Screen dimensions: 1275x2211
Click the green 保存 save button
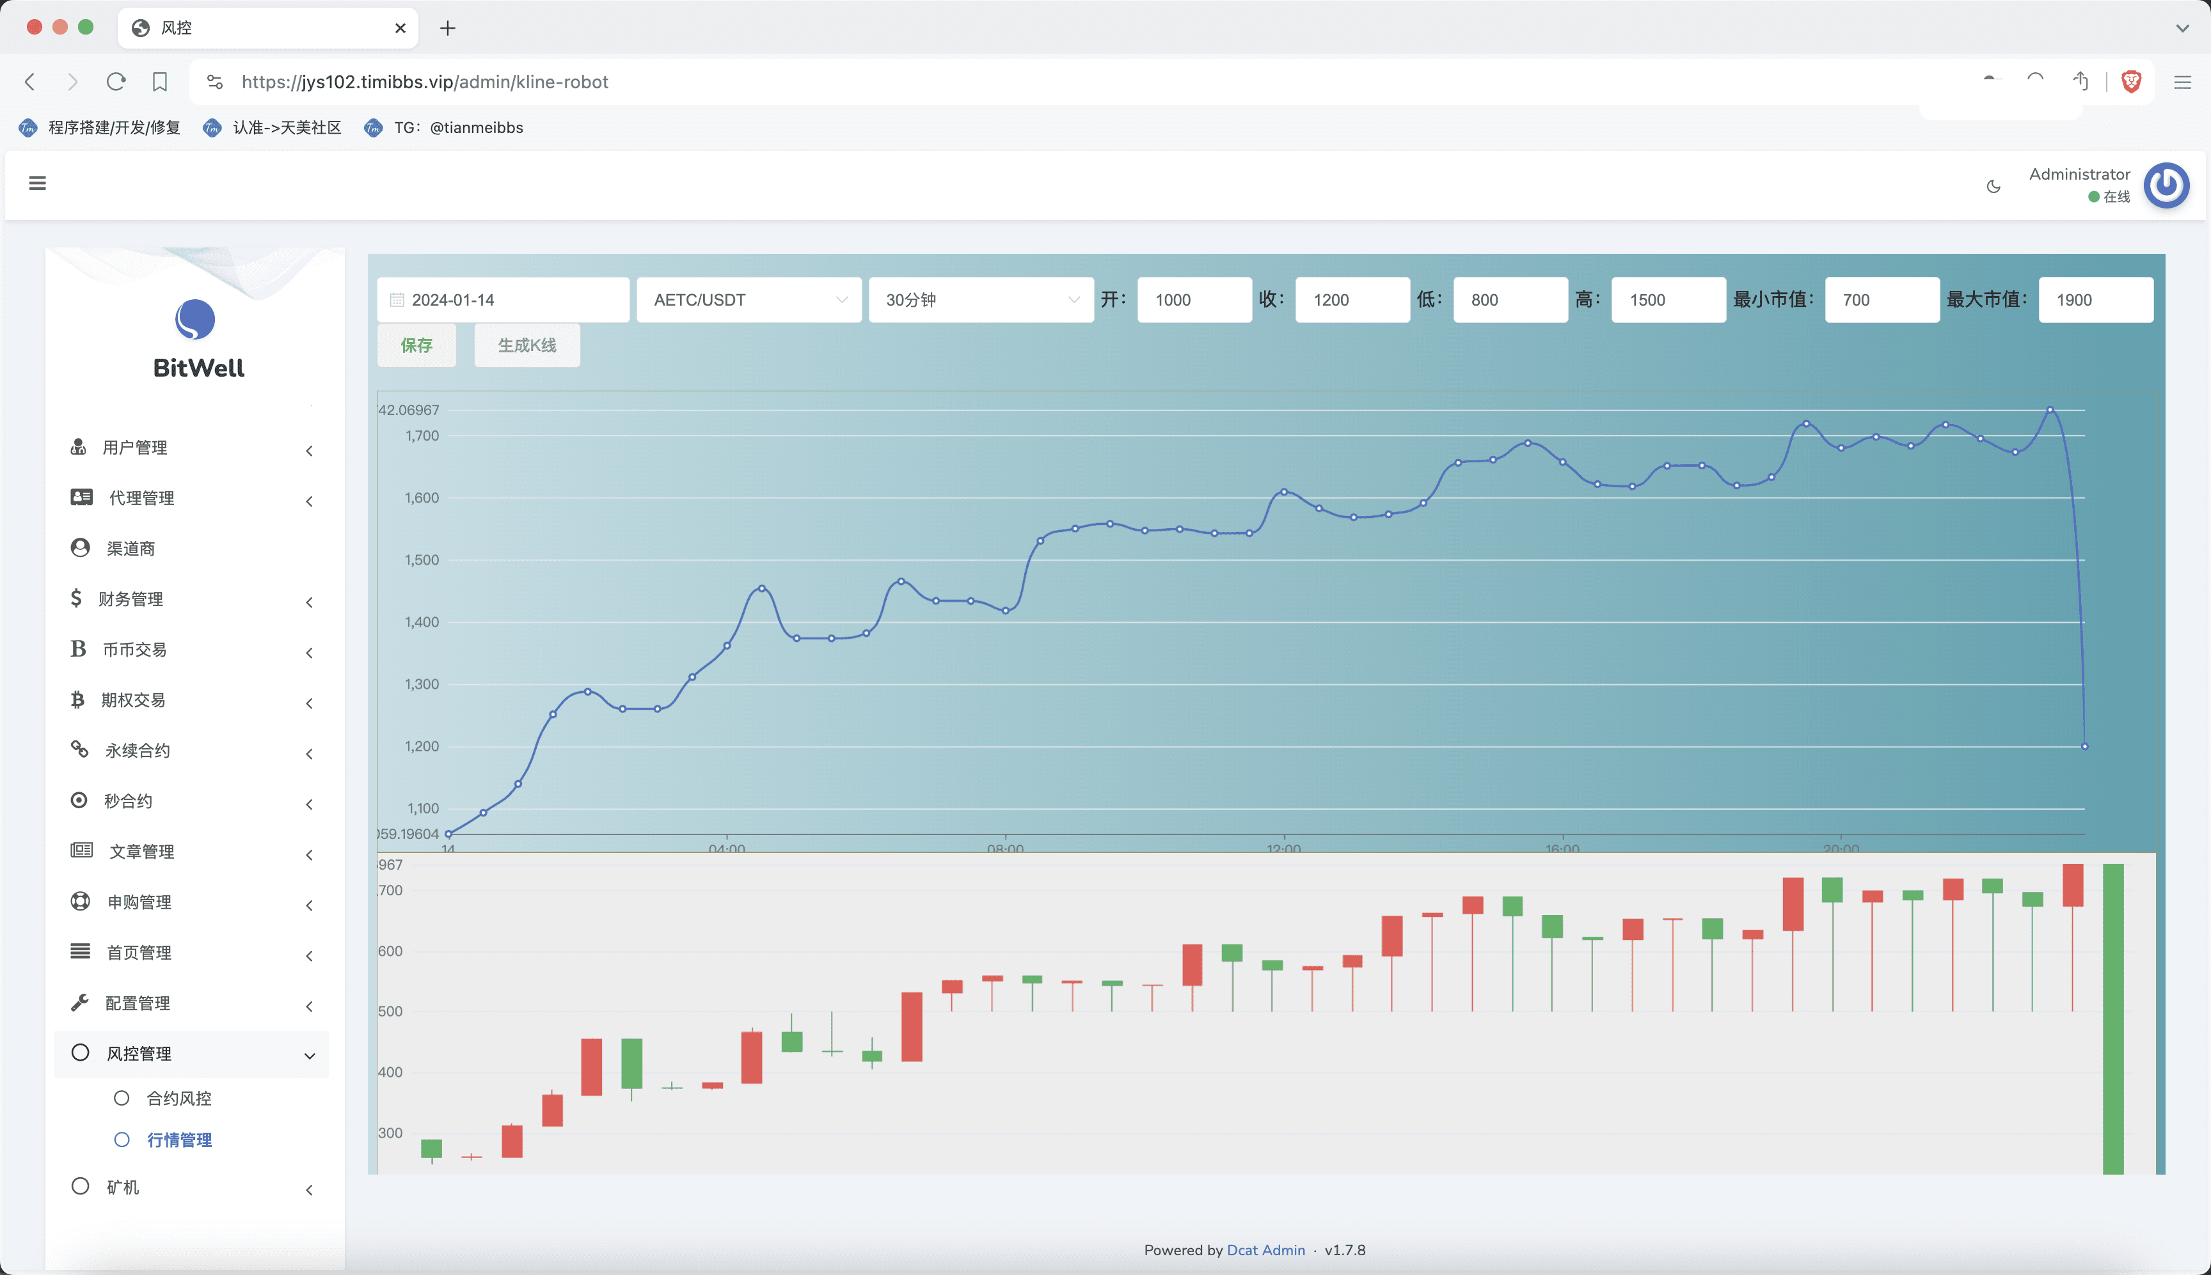[x=416, y=345]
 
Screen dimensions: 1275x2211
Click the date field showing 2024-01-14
[x=503, y=299]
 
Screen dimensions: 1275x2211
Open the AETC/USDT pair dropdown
[x=749, y=299]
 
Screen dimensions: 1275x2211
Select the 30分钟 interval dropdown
[x=981, y=299]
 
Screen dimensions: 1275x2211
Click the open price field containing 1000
[x=1194, y=299]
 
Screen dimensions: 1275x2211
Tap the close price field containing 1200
[x=1352, y=299]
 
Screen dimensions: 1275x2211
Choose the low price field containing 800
[x=1510, y=299]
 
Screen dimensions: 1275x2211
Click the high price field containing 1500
[x=1668, y=299]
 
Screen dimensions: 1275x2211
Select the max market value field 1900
[x=2095, y=299]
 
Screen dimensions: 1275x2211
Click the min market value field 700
[x=1882, y=299]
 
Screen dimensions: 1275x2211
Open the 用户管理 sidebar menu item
[x=135, y=448]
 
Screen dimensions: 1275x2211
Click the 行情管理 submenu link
[x=180, y=1139]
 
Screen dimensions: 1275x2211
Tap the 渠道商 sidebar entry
[x=131, y=548]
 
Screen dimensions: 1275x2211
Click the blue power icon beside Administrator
[x=2166, y=185]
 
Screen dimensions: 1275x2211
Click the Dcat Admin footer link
[x=1265, y=1249]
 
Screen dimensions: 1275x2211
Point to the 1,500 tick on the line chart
[x=422, y=559]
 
